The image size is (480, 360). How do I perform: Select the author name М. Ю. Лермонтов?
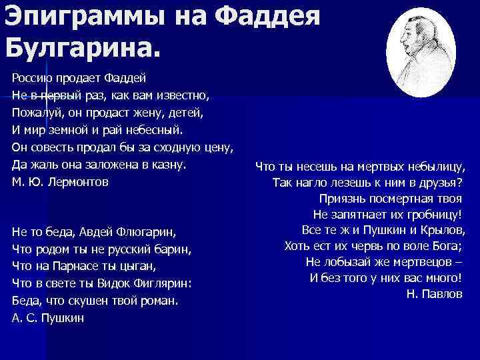tap(60, 181)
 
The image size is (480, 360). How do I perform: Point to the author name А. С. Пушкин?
tap(48, 318)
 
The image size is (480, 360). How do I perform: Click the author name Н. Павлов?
tap(434, 293)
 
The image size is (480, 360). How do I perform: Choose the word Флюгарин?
tap(150, 233)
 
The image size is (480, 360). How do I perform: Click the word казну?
tap(168, 164)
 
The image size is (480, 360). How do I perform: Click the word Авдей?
tap(95, 233)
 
